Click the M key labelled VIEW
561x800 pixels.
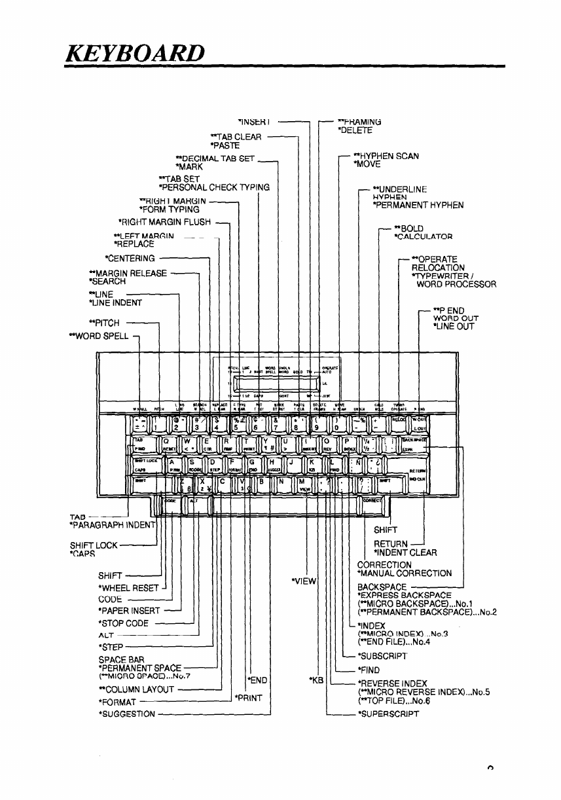tap(306, 485)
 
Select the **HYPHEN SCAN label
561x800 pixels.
tap(386, 156)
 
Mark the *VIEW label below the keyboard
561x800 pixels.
tap(301, 579)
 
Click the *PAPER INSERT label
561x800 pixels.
tap(128, 611)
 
